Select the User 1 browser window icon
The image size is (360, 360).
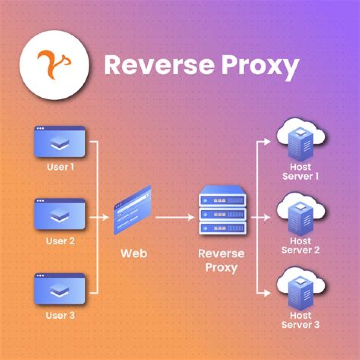pyautogui.click(x=60, y=142)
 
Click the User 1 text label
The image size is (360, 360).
pyautogui.click(x=60, y=167)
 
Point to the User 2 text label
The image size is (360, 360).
pyautogui.click(x=60, y=241)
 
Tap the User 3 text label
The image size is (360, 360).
pyautogui.click(x=60, y=315)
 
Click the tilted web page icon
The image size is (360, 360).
pyautogui.click(x=132, y=210)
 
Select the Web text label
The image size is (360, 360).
pyautogui.click(x=134, y=253)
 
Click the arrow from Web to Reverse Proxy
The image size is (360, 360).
pyautogui.click(x=175, y=218)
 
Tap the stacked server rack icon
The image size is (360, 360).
pyautogui.click(x=222, y=210)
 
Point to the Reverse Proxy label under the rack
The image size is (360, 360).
pyautogui.click(x=222, y=260)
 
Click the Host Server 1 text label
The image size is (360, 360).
pyautogui.click(x=301, y=171)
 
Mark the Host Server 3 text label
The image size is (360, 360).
pyautogui.click(x=301, y=320)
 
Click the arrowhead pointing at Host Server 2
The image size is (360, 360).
pyautogui.click(x=270, y=218)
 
